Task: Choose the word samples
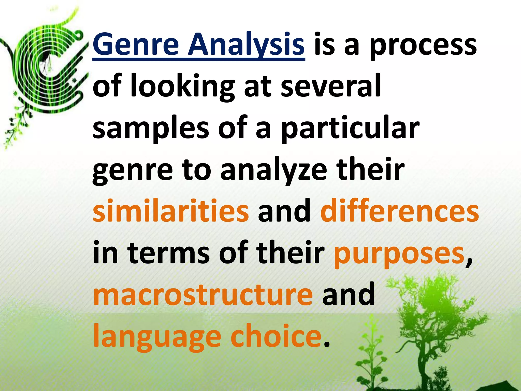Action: [x=151, y=129]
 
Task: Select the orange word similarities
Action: [x=171, y=211]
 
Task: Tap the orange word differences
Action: [x=400, y=211]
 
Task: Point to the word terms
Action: [x=169, y=253]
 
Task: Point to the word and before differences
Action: [x=284, y=211]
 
